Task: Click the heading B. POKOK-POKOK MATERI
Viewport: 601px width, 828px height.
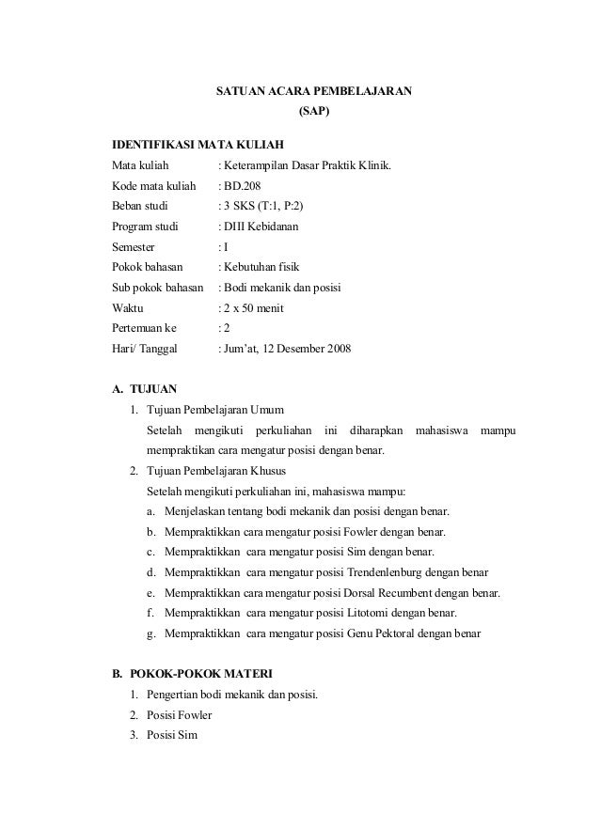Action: [x=193, y=674]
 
